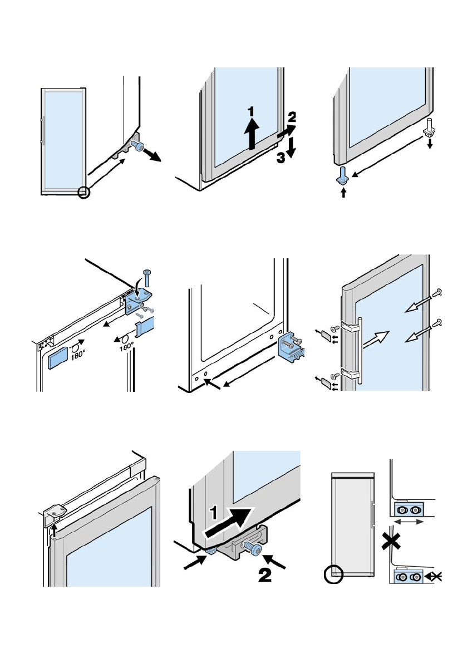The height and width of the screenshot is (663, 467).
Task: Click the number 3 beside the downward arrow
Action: pyautogui.click(x=281, y=158)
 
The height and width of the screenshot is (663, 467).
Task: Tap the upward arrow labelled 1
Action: pyautogui.click(x=252, y=133)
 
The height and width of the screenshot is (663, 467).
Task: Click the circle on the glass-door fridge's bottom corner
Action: pyautogui.click(x=84, y=193)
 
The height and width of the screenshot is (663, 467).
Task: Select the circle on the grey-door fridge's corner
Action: pyautogui.click(x=333, y=575)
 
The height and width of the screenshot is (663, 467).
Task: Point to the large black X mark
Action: pyautogui.click(x=391, y=541)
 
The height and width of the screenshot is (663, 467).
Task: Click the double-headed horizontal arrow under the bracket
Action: pyautogui.click(x=408, y=522)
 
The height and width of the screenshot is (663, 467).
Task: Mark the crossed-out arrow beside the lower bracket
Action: pyautogui.click(x=433, y=576)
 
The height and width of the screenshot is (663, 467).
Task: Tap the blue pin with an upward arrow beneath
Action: pyautogui.click(x=342, y=176)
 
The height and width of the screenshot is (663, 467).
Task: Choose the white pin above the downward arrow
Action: pyautogui.click(x=429, y=127)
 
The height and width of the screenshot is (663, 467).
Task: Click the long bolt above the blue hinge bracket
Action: pyautogui.click(x=147, y=277)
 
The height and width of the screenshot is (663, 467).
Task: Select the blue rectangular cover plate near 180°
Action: pyautogui.click(x=58, y=358)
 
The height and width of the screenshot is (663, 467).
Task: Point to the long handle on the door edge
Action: pyautogui.click(x=360, y=350)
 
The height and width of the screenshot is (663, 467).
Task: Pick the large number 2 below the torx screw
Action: pyautogui.click(x=265, y=574)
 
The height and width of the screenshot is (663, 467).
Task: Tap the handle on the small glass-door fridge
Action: pyautogui.click(x=42, y=131)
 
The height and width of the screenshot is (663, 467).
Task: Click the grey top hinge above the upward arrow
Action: pyautogui.click(x=53, y=512)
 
